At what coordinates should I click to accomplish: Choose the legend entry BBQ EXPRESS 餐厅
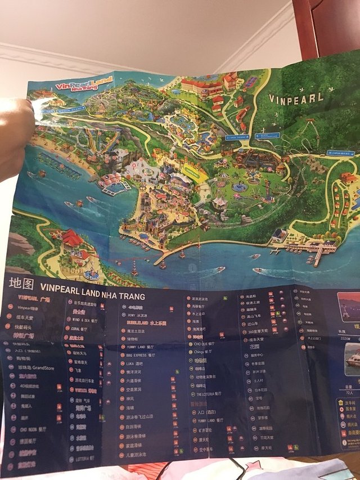pyautogui.click(x=137, y=356)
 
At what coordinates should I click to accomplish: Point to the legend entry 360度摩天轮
pyautogui.click(x=259, y=332)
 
